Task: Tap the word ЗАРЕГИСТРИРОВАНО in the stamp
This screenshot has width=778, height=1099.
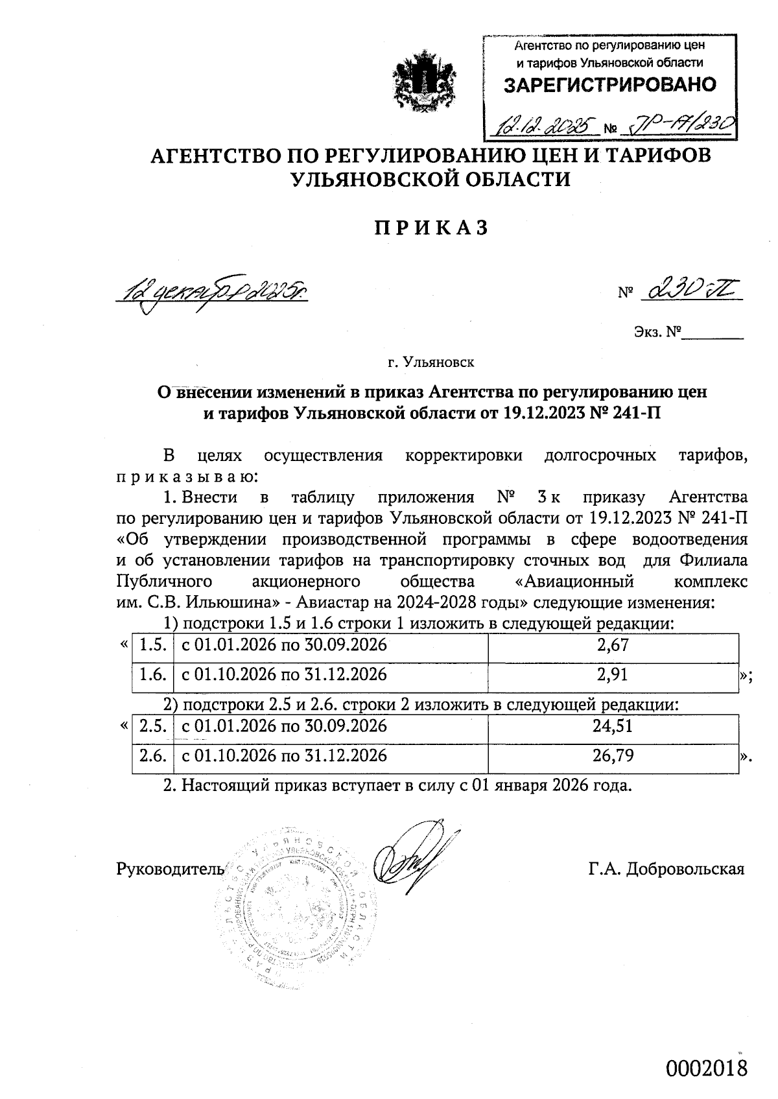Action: [609, 85]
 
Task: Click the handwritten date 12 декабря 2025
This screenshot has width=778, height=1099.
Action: [211, 292]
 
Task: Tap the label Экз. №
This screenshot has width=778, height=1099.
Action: [656, 333]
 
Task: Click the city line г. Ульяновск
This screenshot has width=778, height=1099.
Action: [430, 362]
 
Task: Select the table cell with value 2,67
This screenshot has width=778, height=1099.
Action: [613, 645]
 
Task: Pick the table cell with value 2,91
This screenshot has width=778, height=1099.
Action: [613, 675]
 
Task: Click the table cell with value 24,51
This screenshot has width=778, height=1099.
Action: [613, 726]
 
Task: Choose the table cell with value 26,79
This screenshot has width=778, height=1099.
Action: [613, 756]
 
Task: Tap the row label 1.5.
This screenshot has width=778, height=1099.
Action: [153, 645]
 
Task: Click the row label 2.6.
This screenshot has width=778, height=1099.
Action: [153, 756]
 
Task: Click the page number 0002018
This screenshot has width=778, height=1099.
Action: [707, 1068]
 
